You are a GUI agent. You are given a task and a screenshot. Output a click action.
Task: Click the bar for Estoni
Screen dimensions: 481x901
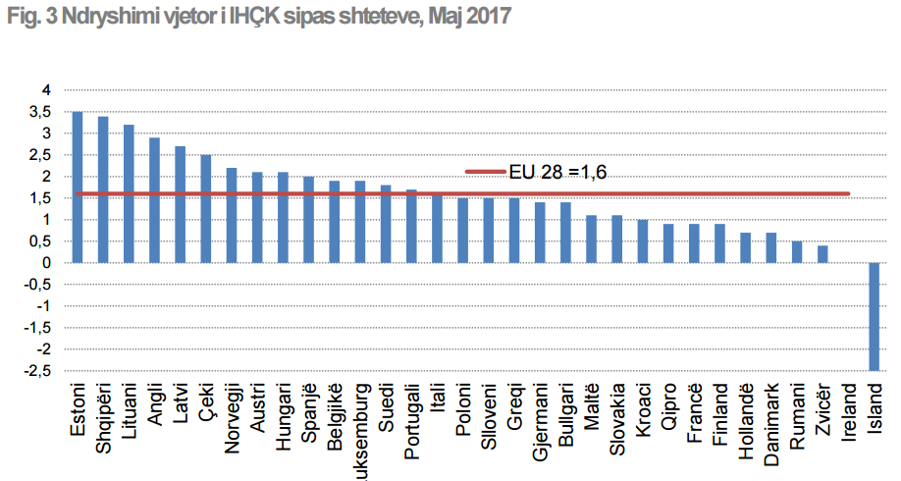(x=78, y=187)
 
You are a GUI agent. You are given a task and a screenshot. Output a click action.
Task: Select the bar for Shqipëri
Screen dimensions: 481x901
(x=103, y=189)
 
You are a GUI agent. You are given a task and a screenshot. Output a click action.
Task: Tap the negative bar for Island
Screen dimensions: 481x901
(x=874, y=316)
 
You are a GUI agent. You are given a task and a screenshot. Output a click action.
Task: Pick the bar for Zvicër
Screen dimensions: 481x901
(x=822, y=253)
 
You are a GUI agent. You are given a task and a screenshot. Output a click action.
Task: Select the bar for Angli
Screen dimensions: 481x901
(x=154, y=200)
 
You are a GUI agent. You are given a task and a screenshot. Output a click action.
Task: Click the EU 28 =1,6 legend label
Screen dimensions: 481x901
(x=557, y=172)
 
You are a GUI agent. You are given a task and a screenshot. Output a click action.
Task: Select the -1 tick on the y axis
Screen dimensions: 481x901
(x=43, y=305)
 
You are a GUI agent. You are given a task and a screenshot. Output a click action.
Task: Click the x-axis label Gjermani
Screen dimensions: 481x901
(x=540, y=418)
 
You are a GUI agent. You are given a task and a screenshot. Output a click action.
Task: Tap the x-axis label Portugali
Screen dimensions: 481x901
(x=411, y=421)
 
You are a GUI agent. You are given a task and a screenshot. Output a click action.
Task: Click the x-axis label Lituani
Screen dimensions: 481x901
(x=129, y=414)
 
